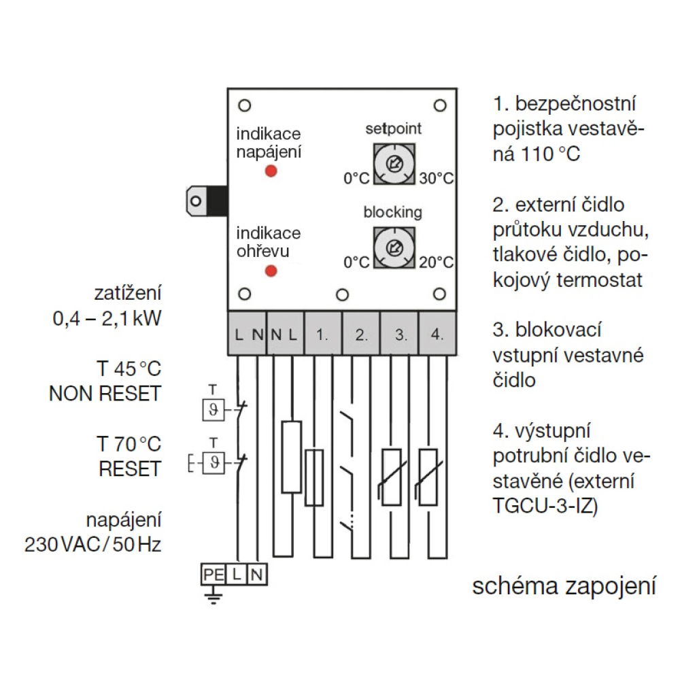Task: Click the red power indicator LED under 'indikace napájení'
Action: (x=271, y=171)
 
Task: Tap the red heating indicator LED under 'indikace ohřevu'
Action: (x=271, y=271)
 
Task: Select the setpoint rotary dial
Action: (x=393, y=164)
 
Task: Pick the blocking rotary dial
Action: (x=393, y=248)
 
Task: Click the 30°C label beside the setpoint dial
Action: (x=435, y=179)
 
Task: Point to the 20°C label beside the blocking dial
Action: (x=435, y=262)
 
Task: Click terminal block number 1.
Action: (x=322, y=335)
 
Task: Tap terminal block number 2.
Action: (x=360, y=335)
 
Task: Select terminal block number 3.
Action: (x=399, y=335)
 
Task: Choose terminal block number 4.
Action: (x=437, y=335)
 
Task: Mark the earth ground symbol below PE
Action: (x=213, y=596)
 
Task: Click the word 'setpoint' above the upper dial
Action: (x=393, y=129)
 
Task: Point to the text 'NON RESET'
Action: (x=105, y=394)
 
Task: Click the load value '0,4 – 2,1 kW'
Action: (x=107, y=318)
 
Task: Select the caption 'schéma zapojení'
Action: (x=564, y=586)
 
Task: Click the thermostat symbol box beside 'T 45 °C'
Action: (x=214, y=410)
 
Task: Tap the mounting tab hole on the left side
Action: (x=196, y=201)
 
